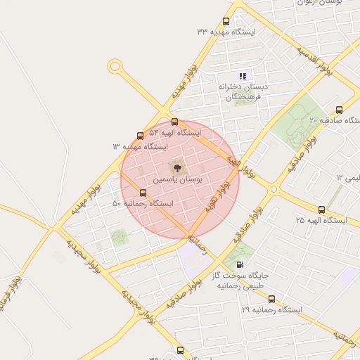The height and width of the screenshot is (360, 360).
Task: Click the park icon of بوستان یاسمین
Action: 176,167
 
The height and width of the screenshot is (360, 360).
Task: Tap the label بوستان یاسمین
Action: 179,181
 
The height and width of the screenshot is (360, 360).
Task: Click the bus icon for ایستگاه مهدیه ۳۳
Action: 226,21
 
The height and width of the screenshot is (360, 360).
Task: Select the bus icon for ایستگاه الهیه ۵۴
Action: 174,122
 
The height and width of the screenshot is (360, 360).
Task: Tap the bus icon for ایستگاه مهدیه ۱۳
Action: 140,136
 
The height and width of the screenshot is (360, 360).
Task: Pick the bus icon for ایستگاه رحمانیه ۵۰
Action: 143,192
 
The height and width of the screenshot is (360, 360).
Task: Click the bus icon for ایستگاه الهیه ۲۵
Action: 322,210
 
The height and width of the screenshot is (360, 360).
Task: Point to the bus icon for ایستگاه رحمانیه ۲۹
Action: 271,299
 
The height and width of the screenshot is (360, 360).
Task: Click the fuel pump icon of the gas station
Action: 240,265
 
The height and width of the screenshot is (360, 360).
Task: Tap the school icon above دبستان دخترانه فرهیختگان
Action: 243,76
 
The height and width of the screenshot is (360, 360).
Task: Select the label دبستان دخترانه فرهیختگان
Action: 239,91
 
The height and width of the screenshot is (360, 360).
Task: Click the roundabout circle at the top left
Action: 114,66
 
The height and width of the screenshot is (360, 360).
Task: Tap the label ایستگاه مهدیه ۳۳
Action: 226,32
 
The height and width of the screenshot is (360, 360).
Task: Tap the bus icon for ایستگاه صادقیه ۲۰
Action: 339,110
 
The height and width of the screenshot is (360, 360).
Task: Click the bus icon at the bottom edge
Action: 181,350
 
